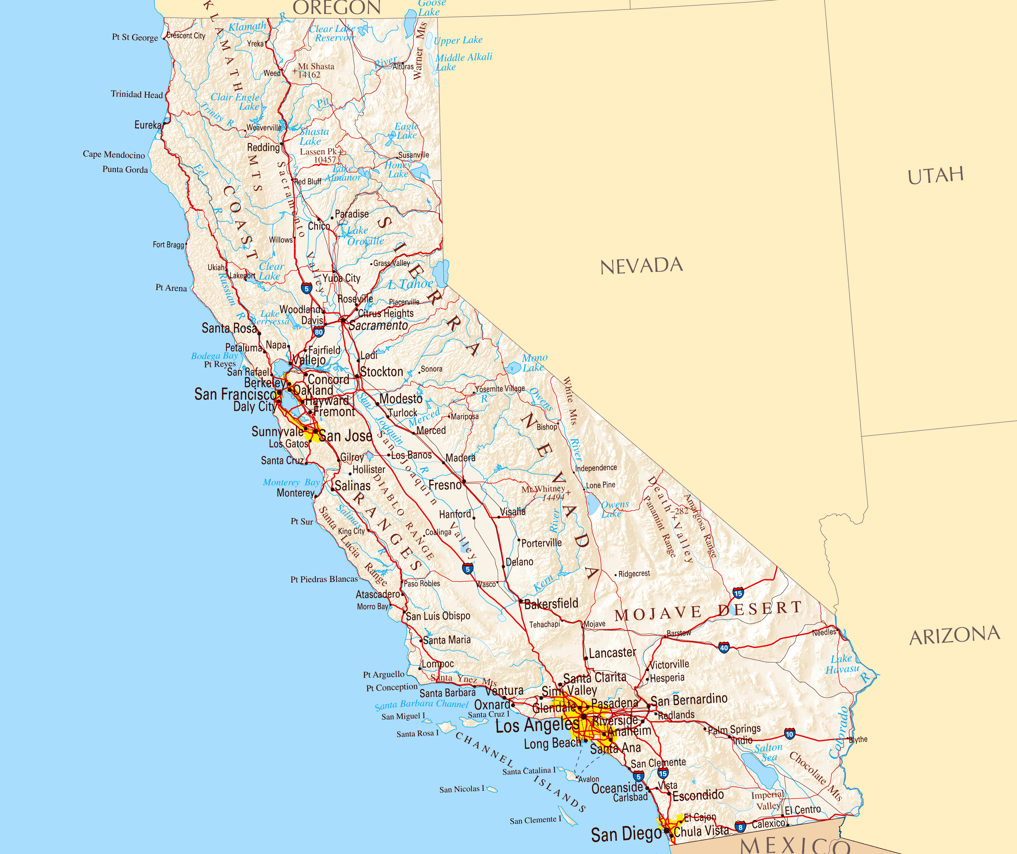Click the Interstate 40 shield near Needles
pos(724,648)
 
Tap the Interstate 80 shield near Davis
pos(318,332)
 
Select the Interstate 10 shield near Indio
pos(789,734)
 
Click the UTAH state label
pos(935,176)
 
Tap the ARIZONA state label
pos(954,636)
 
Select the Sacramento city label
pos(378,326)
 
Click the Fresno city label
pos(445,485)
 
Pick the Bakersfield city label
pos(551,604)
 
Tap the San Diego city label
pos(626,834)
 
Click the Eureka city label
pos(148,125)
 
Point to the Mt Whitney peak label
pos(543,493)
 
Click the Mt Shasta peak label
pos(316,70)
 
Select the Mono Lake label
pos(535,362)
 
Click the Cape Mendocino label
pos(114,154)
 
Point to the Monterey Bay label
pos(291,482)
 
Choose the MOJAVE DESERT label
pos(708,611)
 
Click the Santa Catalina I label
pos(529,771)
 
